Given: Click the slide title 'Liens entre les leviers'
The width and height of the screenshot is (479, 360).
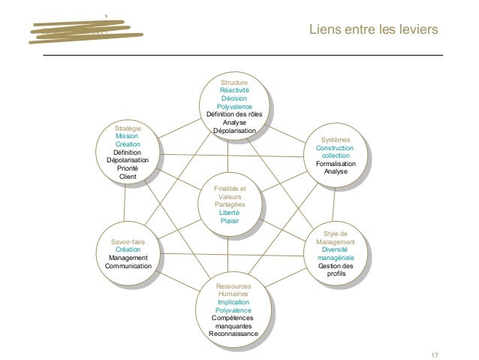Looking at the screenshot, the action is [372, 29].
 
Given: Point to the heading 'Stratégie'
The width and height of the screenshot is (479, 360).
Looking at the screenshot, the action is [128, 129].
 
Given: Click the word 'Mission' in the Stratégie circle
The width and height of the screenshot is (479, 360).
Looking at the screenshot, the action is [127, 136].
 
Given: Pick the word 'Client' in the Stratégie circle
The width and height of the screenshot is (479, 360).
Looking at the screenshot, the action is [128, 177].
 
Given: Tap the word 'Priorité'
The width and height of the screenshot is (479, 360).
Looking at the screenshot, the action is [128, 168].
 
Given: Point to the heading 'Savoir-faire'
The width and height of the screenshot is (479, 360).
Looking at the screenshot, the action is [128, 242].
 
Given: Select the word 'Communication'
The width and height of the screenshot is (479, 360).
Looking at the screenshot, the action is [128, 266].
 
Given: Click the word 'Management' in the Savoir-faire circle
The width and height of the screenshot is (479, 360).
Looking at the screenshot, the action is [128, 258].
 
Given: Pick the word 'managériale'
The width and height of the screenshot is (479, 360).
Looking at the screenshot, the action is [336, 258].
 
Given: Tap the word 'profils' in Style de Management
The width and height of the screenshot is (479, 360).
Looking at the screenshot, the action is [336, 274].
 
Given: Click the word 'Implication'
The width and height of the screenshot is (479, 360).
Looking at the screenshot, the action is [233, 302].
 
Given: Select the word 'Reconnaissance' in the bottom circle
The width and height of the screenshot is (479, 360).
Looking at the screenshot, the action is [233, 334].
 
